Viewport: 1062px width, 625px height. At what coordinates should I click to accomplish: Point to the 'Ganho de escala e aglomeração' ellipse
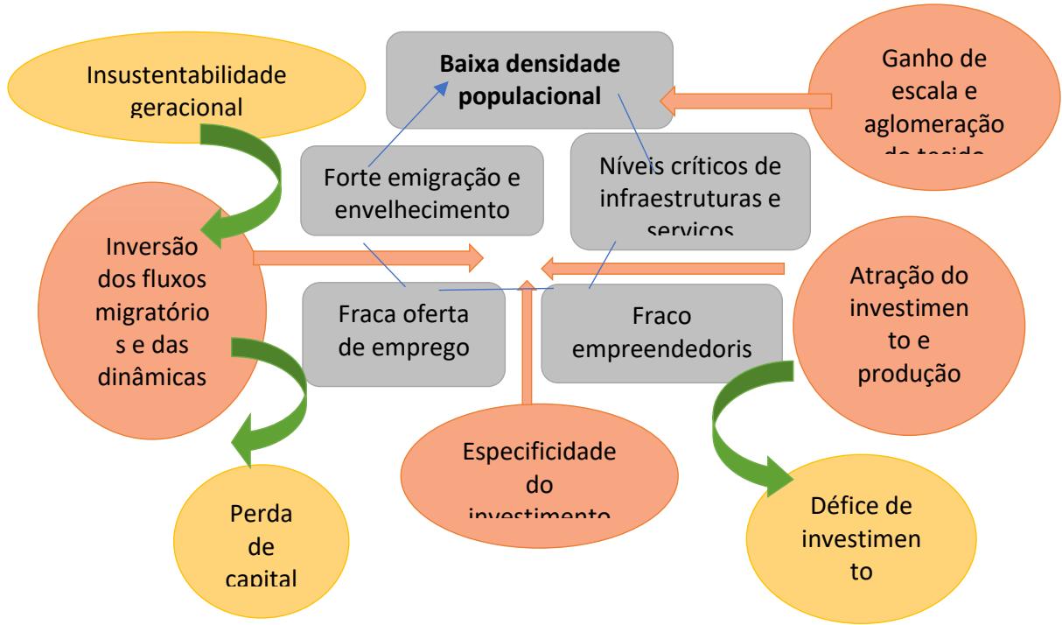point(932,96)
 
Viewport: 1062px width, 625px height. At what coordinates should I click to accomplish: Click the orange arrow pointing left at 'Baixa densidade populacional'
point(744,101)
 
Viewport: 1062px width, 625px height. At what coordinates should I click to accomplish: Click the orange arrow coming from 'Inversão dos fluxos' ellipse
point(367,257)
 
